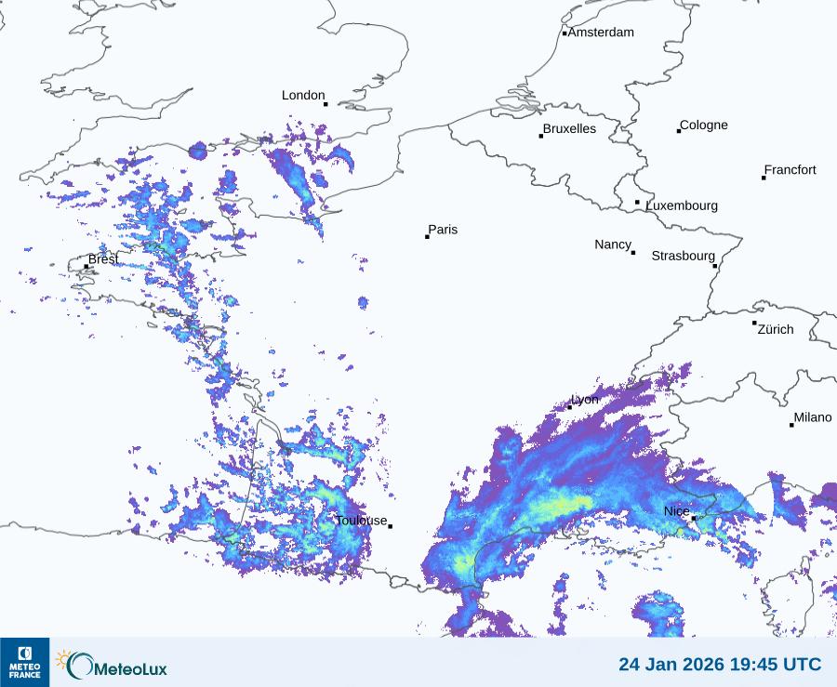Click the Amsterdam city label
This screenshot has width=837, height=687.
pos(601,33)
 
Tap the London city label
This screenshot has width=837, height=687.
pos(303,95)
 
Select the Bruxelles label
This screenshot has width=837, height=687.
pos(569,129)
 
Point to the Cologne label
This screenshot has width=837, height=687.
pos(704,126)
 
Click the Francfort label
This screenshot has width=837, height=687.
pos(790,170)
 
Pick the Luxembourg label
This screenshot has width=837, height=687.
pos(682,205)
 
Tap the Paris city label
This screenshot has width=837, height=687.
pos(443,230)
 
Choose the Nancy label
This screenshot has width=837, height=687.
pos(613,244)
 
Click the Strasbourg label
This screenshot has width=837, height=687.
pos(683,256)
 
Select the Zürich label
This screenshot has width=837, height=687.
pos(776,329)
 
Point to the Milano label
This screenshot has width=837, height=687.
pos(813,417)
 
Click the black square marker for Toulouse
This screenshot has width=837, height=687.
pos(391,526)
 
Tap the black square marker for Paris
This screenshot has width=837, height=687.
pos(428,237)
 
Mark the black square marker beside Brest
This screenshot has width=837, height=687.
pos(86,267)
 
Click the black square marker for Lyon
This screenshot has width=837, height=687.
pos(570,407)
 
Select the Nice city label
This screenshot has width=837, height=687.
pos(676,511)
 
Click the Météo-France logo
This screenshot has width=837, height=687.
pos(24,662)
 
